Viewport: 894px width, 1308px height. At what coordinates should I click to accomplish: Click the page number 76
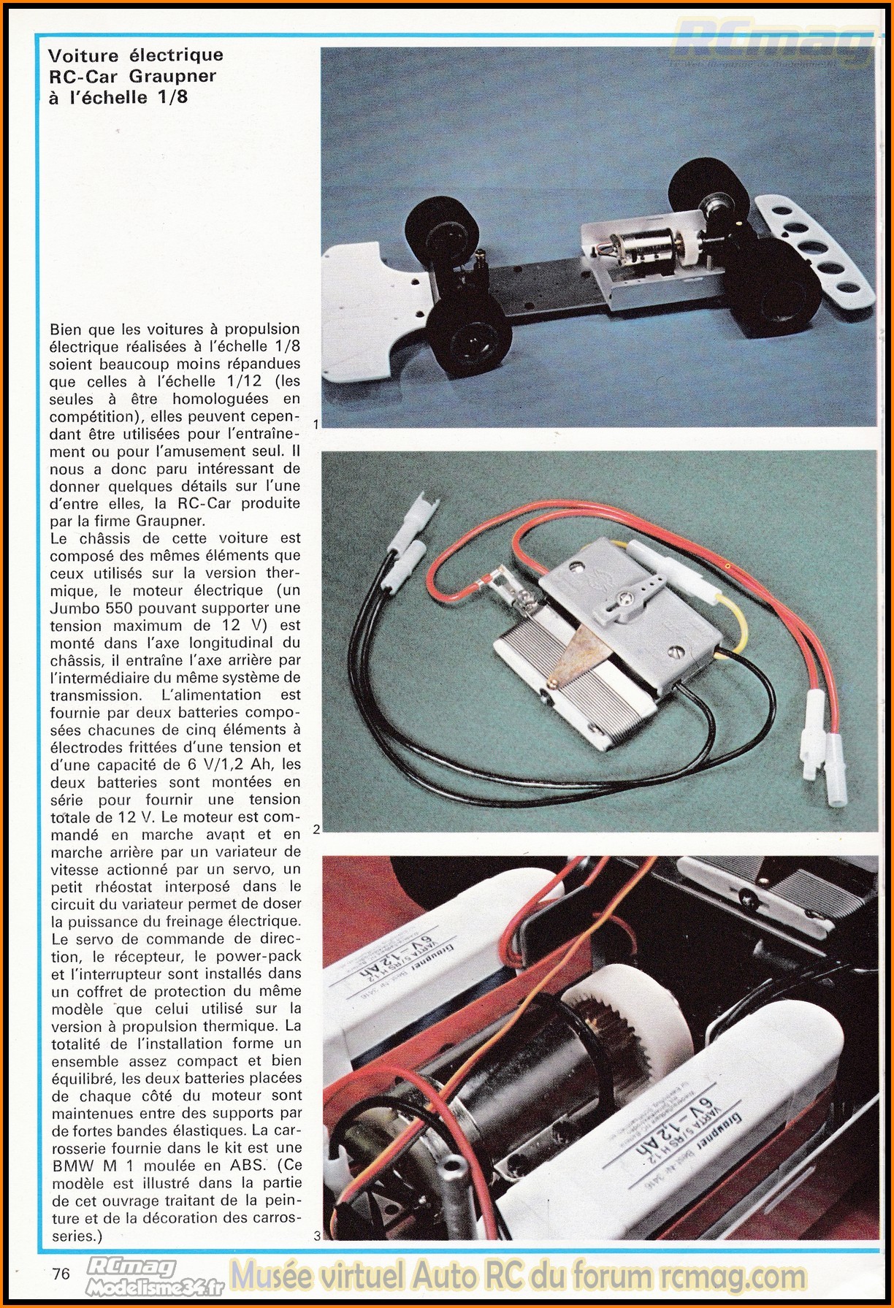[x=61, y=1273]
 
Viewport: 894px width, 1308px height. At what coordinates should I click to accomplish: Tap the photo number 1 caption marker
[x=315, y=424]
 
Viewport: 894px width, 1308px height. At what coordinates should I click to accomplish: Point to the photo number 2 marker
[x=316, y=830]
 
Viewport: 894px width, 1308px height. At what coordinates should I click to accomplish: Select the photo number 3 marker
[x=316, y=1236]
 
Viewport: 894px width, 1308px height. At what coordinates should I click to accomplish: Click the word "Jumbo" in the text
[x=77, y=608]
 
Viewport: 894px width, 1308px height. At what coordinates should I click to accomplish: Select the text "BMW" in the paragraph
[x=71, y=1166]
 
